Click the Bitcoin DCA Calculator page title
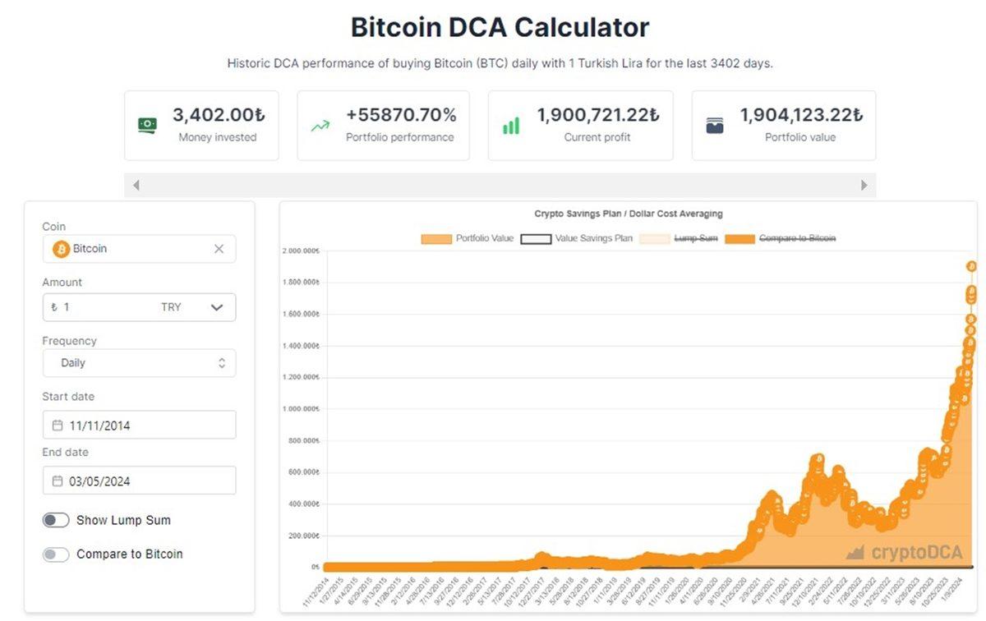click(500, 27)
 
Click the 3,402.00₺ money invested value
click(219, 115)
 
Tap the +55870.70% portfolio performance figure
click(401, 115)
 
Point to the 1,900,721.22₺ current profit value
click(597, 115)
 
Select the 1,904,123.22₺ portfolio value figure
click(801, 115)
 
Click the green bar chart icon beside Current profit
click(511, 126)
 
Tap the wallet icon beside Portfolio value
click(715, 126)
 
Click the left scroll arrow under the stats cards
click(136, 186)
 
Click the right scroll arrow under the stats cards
click(864, 186)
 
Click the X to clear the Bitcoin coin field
click(219, 249)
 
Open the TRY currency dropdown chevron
click(217, 307)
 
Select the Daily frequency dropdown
click(139, 363)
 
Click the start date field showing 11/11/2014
click(139, 425)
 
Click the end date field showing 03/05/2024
click(139, 481)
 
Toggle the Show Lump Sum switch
click(56, 520)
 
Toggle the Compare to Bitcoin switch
click(56, 554)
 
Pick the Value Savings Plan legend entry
click(577, 238)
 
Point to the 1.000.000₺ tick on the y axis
click(302, 409)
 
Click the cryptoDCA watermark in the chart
click(905, 552)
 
